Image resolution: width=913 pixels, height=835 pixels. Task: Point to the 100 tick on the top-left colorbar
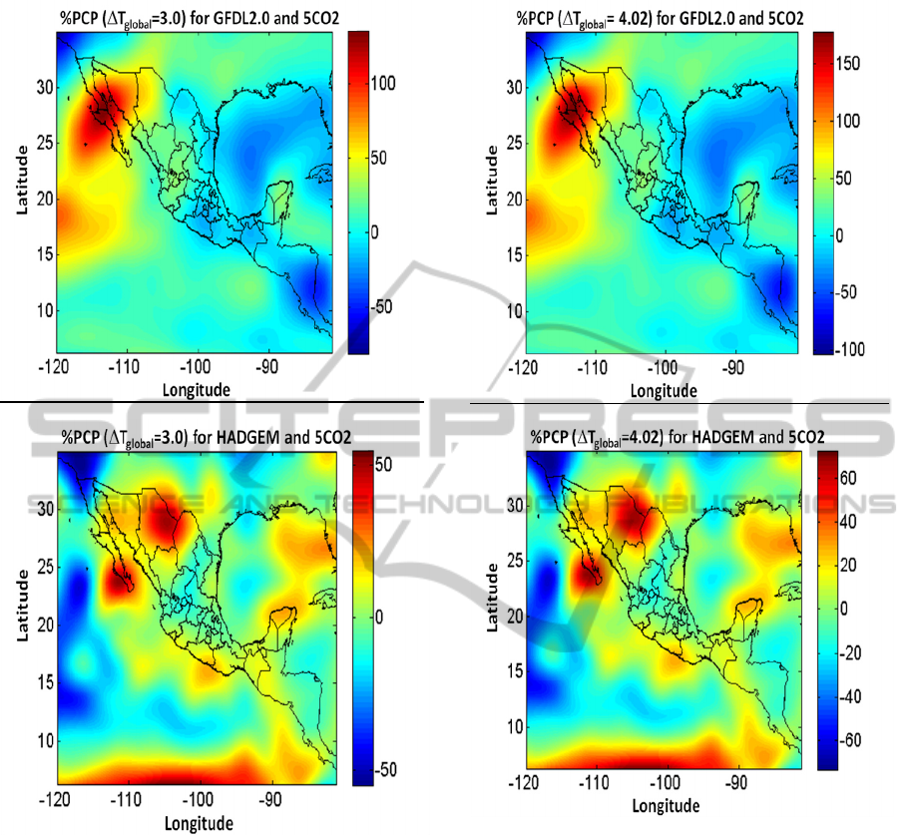pos(385,84)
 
